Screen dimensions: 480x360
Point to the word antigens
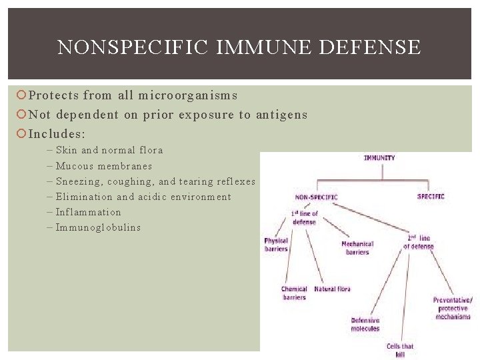281,115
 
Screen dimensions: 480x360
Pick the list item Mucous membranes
103,166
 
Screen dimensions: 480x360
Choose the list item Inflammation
88,212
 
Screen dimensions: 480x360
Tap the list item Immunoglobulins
98,227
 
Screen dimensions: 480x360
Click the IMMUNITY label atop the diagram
379,158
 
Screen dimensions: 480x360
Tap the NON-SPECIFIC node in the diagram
316,197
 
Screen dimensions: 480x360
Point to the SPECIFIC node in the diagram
431,196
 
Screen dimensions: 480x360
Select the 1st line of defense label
305,217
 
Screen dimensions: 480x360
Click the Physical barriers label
276,245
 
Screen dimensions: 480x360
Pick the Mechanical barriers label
357,248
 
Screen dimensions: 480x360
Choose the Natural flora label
332,289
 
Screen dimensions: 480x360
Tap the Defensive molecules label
365,325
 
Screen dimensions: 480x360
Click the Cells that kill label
400,350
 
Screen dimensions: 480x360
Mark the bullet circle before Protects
21,96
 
